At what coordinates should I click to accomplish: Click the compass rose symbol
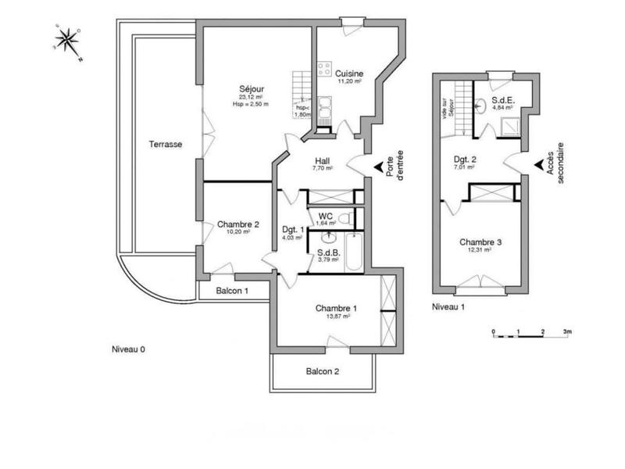click(68, 41)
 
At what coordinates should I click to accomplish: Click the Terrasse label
click(166, 145)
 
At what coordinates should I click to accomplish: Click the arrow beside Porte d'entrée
click(380, 166)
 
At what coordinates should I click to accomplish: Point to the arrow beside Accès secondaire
click(539, 165)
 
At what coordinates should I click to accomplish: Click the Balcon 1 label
click(232, 291)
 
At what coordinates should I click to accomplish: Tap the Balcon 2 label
click(322, 371)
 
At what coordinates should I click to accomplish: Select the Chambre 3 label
click(480, 242)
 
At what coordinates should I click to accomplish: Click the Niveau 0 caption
click(128, 349)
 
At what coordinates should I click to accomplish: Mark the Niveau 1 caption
click(448, 307)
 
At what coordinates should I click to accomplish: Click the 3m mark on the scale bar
click(568, 331)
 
